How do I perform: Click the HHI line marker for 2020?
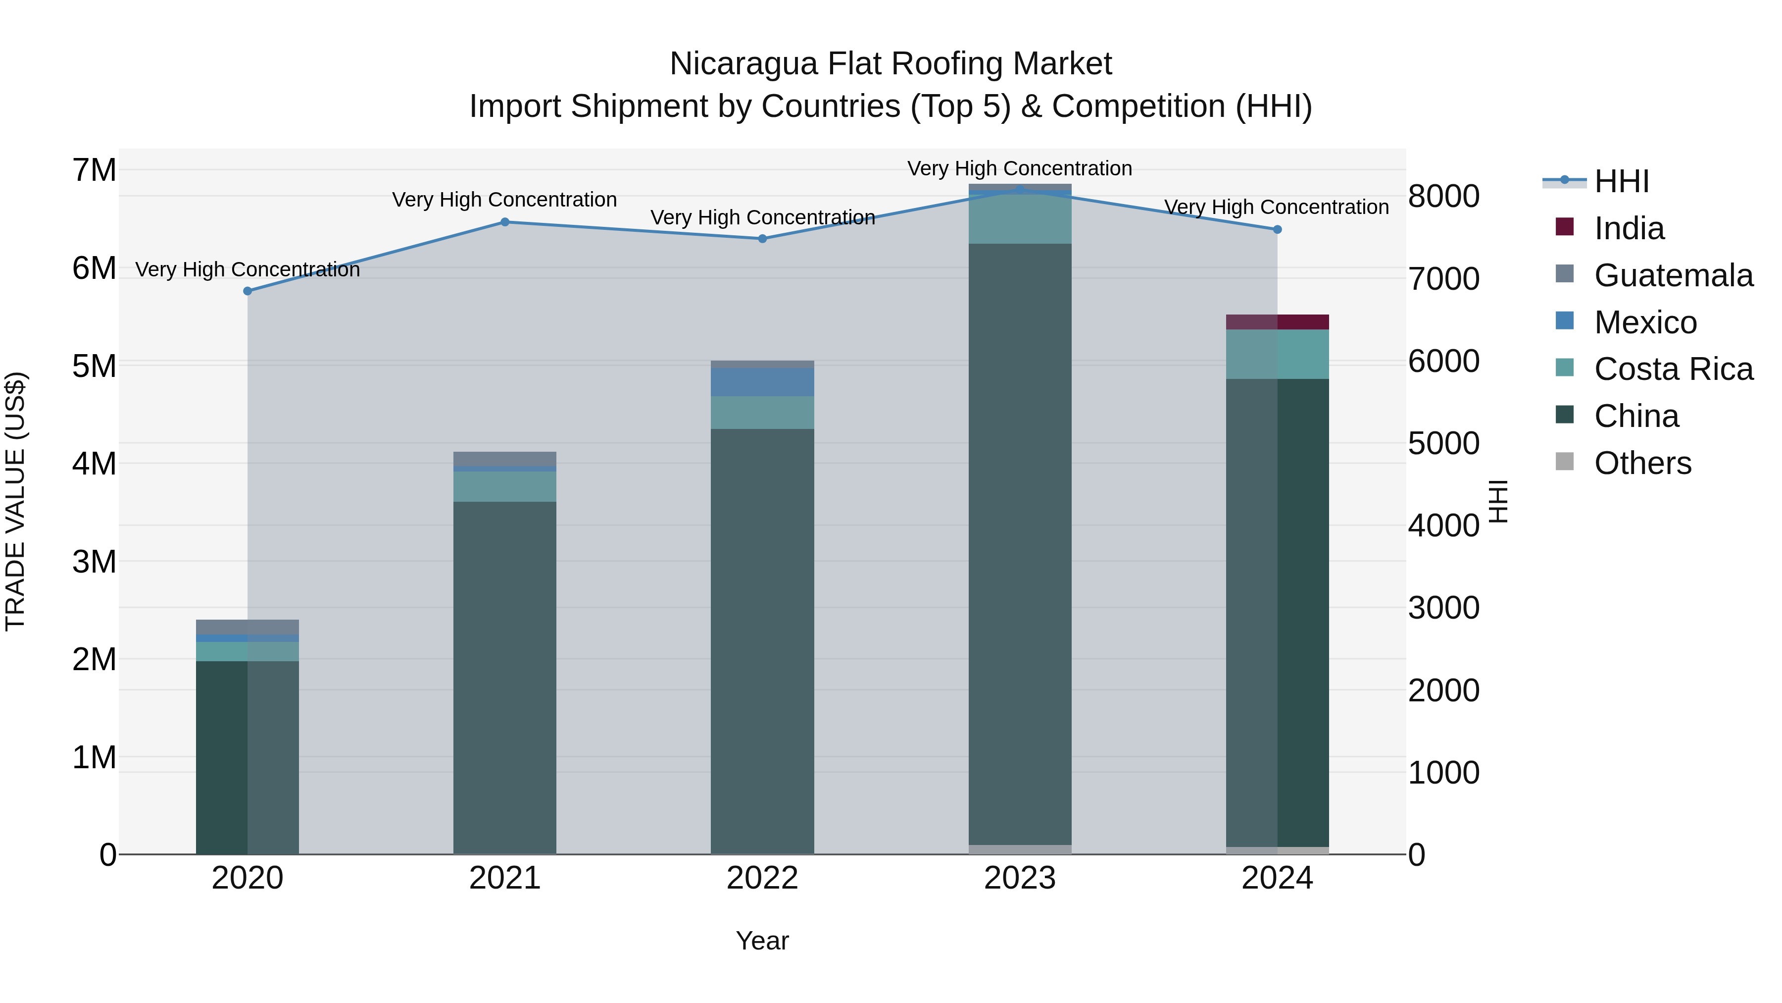[247, 291]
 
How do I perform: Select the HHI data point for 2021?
[505, 222]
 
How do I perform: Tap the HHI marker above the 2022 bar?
[762, 239]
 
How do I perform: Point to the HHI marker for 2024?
[1277, 230]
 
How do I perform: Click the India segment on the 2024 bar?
[1277, 322]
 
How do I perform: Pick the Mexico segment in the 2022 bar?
[762, 382]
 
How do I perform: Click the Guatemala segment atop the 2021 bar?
[505, 459]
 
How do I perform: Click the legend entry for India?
[1629, 228]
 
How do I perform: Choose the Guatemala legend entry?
[1673, 275]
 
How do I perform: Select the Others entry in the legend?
[1642, 463]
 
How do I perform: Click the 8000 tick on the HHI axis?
[1444, 197]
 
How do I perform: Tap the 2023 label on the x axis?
[1020, 878]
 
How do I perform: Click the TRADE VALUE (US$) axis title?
[15, 501]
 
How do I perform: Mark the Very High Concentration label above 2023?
[1020, 168]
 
